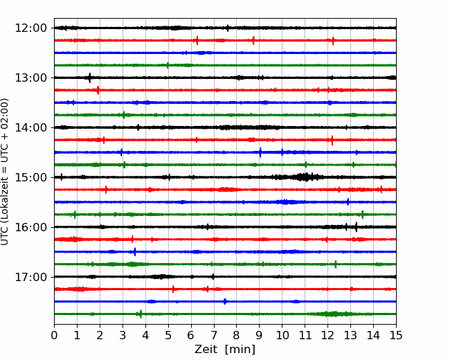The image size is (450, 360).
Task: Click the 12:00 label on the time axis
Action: [x=30, y=28]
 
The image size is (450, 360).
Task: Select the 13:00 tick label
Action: [x=30, y=78]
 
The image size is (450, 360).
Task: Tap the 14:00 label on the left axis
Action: [x=30, y=127]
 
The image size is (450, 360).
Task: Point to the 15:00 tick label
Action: [x=30, y=177]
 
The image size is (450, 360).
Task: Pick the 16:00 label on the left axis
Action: [x=30, y=227]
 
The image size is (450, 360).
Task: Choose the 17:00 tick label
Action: [x=30, y=277]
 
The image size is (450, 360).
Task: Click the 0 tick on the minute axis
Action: [x=54, y=335]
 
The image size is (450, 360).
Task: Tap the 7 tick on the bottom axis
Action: [x=214, y=335]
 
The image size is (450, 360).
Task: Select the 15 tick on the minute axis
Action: [x=396, y=335]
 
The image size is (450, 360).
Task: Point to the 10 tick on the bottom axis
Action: [x=282, y=335]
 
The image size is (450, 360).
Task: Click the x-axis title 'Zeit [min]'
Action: [x=225, y=350]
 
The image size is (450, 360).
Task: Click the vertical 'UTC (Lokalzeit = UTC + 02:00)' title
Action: [x=5, y=172]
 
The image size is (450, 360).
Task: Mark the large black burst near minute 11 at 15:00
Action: [x=304, y=177]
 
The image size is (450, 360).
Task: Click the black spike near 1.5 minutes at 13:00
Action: [x=89, y=78]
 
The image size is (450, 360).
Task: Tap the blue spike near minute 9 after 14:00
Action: [x=260, y=152]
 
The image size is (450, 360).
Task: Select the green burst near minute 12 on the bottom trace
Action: [x=333, y=314]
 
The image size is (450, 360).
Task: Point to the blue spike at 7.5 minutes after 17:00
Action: [x=225, y=301]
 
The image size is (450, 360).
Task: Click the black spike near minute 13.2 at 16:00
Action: [x=356, y=227]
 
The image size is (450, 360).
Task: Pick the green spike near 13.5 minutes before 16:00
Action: [x=363, y=215]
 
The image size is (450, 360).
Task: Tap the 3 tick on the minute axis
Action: [x=123, y=335]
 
